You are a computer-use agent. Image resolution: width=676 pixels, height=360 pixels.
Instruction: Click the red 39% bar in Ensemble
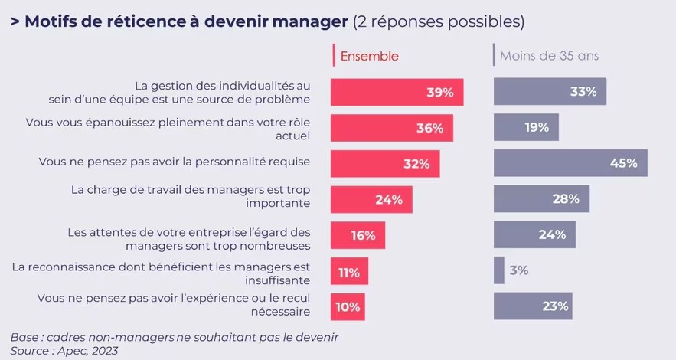[397, 92]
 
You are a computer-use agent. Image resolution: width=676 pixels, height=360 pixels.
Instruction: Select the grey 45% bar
[570, 163]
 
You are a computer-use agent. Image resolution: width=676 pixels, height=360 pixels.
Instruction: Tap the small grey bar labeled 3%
[499, 270]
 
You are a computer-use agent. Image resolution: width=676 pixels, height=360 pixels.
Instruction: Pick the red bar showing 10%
[348, 306]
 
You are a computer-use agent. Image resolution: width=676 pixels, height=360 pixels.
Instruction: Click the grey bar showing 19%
[526, 127]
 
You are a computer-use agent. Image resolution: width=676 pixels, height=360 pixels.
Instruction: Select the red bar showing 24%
[371, 199]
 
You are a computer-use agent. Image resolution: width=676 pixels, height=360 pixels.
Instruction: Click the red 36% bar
[391, 128]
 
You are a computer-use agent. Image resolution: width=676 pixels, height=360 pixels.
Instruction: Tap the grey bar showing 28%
[541, 199]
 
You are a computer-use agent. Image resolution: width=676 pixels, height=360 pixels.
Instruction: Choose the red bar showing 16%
[358, 235]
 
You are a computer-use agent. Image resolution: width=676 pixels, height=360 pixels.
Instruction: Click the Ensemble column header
[369, 56]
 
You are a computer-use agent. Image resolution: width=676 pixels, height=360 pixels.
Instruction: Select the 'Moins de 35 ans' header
[549, 56]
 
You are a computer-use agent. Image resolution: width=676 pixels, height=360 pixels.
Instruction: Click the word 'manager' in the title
[305, 21]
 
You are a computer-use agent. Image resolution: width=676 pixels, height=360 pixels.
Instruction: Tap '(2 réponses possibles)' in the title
[439, 21]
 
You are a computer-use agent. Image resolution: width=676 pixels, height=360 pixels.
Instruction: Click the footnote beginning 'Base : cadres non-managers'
[175, 337]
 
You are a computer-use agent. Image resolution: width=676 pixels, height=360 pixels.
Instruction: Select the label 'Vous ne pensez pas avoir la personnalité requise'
[175, 162]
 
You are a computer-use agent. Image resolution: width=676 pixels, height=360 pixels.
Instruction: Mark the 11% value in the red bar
[349, 271]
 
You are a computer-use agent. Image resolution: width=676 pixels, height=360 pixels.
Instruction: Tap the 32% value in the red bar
[419, 164]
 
